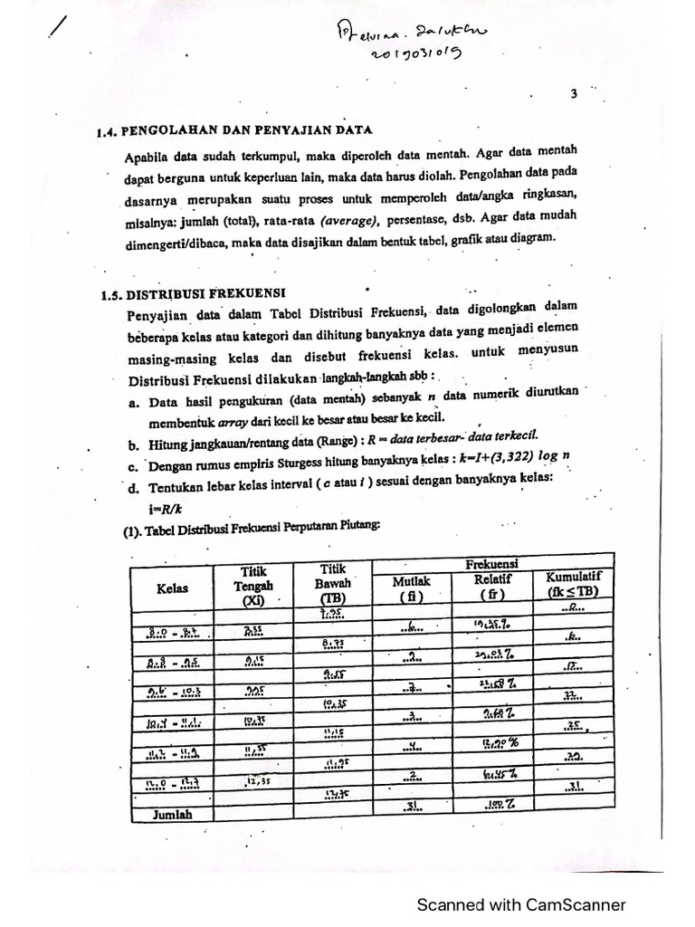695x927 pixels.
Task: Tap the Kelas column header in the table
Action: [x=172, y=588]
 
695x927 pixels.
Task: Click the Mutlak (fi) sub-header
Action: [x=412, y=588]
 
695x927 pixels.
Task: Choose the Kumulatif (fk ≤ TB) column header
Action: [x=574, y=585]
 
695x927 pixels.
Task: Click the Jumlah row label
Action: [x=172, y=814]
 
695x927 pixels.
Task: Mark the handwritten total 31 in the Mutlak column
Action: [x=411, y=804]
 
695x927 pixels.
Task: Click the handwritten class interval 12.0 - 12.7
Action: [x=171, y=780]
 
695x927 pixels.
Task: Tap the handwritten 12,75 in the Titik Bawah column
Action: [x=337, y=793]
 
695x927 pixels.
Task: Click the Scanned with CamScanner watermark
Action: [x=520, y=903]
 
